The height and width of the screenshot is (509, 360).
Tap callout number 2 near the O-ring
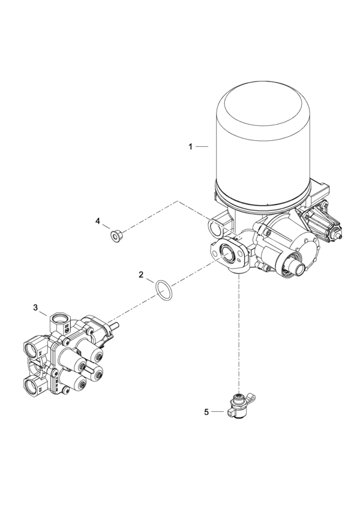point(140,275)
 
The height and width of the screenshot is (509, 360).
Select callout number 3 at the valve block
point(36,307)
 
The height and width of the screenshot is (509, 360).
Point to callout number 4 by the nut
point(98,221)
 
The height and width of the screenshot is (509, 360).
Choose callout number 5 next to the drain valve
point(206,412)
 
